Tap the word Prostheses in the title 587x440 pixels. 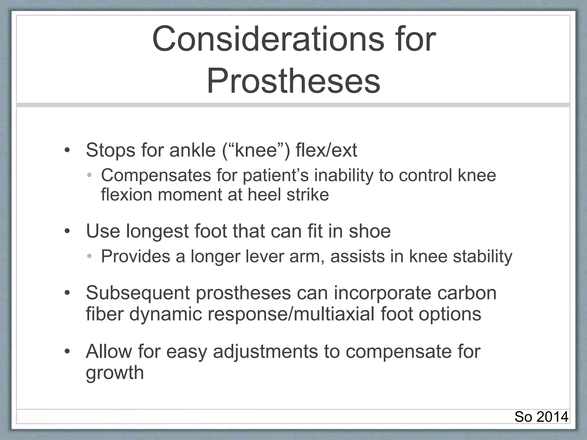coord(293,80)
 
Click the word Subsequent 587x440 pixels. coord(138,293)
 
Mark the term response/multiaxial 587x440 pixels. coord(291,314)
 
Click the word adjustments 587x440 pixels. coord(265,351)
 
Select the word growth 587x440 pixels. coord(115,373)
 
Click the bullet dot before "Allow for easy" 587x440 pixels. coord(67,351)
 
